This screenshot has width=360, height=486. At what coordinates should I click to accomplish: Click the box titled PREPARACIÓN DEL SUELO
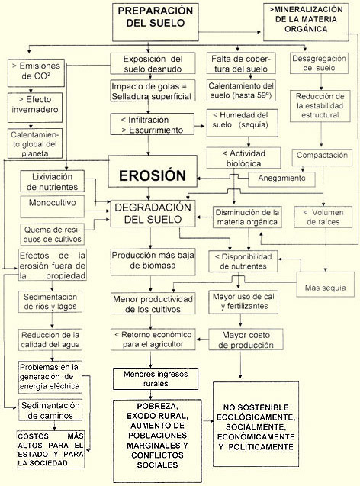[x=156, y=22]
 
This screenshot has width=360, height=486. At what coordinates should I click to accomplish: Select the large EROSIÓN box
[x=153, y=171]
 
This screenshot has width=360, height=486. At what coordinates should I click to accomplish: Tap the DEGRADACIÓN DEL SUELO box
[x=153, y=214]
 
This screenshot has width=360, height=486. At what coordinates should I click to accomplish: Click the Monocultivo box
[x=53, y=207]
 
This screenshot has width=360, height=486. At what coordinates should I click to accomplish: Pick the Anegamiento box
[x=281, y=179]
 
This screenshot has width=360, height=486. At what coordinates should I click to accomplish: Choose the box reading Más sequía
[x=326, y=285]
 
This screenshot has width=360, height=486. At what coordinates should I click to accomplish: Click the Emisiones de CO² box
[x=37, y=72]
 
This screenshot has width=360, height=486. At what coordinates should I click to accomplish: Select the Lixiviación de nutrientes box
[x=53, y=182]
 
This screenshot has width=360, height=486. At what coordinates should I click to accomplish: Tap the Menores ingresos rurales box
[x=156, y=378]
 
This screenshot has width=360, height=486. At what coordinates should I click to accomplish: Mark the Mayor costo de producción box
[x=246, y=340]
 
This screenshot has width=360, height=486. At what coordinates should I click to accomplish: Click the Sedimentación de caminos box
[x=50, y=410]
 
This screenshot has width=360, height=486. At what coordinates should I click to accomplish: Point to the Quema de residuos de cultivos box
[x=53, y=234]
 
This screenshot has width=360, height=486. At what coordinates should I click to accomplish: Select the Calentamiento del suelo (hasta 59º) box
[x=241, y=90]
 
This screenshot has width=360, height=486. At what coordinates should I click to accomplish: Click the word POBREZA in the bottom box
[x=157, y=406]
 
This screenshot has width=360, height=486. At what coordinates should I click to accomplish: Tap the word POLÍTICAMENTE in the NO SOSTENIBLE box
[x=256, y=447]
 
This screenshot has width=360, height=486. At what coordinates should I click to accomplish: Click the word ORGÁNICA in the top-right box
[x=306, y=29]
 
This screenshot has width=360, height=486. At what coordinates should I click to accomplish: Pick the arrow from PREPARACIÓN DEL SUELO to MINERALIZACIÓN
[x=230, y=31]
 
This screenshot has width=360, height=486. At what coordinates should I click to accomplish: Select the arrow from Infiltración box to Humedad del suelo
[x=200, y=126]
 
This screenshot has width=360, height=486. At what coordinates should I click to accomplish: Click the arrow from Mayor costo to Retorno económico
[x=202, y=340]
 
